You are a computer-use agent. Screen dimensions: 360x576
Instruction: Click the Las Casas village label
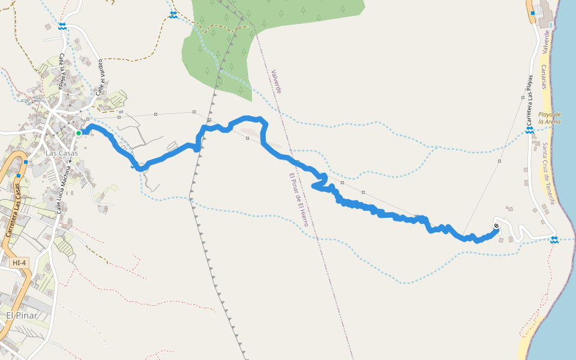click(x=62, y=153)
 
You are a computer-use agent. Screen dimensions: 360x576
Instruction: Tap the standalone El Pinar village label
click(x=22, y=315)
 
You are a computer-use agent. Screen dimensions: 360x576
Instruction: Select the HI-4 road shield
click(x=19, y=263)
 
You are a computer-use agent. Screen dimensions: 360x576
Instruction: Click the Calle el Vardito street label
click(x=100, y=77)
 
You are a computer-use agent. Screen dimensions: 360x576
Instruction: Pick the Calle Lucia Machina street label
click(x=64, y=190)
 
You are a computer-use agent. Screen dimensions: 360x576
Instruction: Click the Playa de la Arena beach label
click(x=549, y=118)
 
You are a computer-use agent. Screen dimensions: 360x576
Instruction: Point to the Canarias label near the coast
click(x=543, y=77)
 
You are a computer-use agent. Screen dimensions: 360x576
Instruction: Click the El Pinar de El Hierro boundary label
click(x=298, y=200)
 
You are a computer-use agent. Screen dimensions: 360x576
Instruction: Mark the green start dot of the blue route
click(x=79, y=133)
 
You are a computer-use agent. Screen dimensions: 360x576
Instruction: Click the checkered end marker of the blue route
click(x=496, y=226)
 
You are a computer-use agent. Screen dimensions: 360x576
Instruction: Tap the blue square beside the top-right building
click(x=532, y=13)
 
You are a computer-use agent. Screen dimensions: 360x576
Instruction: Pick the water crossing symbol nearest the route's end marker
click(x=554, y=240)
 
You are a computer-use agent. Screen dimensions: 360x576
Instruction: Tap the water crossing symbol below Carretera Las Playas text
click(x=530, y=130)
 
